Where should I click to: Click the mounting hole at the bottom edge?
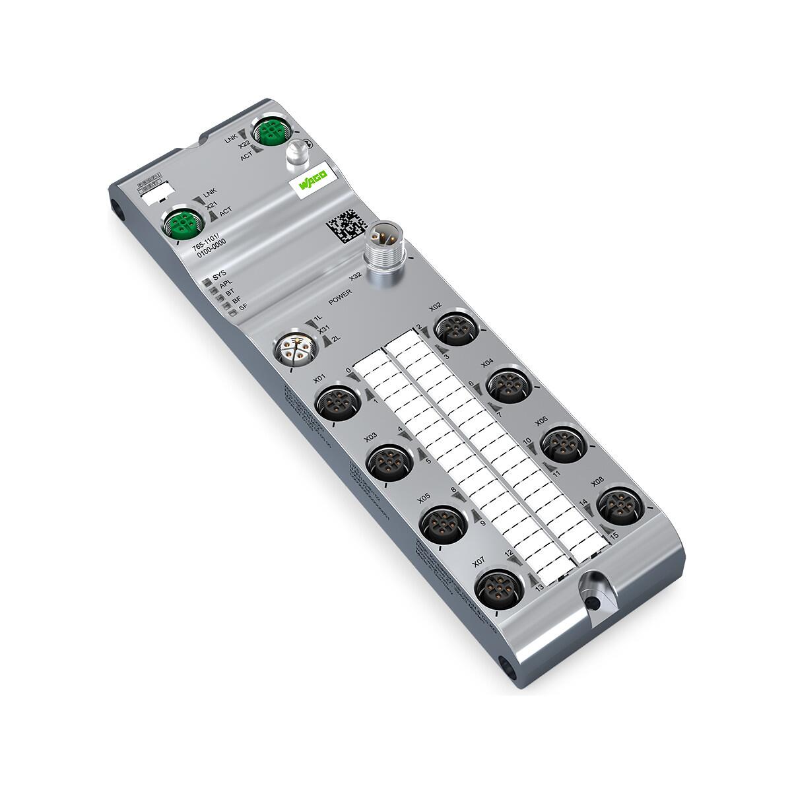point(595,602)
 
